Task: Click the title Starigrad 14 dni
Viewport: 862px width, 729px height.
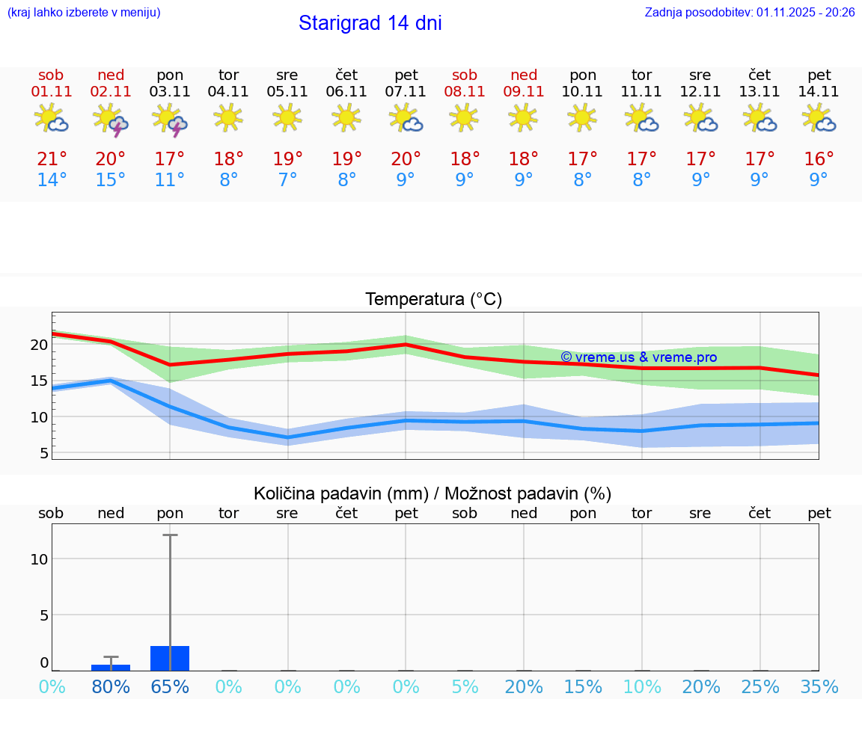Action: (x=370, y=23)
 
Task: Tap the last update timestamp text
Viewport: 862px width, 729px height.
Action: (x=749, y=12)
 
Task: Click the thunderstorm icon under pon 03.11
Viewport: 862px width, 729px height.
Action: (x=170, y=120)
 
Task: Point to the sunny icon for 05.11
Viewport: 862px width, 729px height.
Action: (x=287, y=117)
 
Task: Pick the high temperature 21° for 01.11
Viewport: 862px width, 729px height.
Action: (x=52, y=159)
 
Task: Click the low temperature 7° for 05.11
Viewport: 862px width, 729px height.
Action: (x=287, y=180)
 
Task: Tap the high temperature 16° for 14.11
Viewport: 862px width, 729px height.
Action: (x=819, y=159)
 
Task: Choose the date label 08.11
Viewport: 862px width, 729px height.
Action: (x=464, y=92)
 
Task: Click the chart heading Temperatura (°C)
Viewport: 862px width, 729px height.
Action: (x=433, y=300)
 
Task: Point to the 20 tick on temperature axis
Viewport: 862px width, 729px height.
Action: (x=39, y=345)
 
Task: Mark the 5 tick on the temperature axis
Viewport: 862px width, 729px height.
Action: (x=43, y=453)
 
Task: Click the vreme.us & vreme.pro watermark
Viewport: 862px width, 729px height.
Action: (x=638, y=357)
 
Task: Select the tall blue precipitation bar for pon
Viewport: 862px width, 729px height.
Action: (x=170, y=658)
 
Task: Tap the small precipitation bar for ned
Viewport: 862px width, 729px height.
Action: (x=111, y=667)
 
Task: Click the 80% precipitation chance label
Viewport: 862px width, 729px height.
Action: (x=111, y=686)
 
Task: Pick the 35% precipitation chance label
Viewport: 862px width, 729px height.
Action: (x=819, y=686)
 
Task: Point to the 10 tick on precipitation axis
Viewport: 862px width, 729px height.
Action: (x=39, y=559)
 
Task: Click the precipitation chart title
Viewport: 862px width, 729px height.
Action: (x=432, y=493)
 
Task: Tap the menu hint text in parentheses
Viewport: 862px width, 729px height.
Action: (x=84, y=12)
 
